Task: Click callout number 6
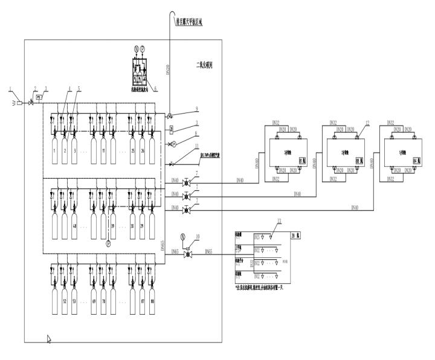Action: (155, 88)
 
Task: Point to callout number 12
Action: (366, 123)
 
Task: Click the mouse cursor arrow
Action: (49, 339)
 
